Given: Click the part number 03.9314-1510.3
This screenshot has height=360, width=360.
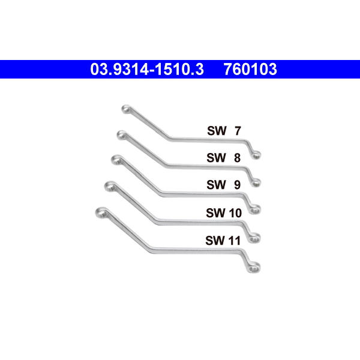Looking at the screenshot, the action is [x=147, y=69].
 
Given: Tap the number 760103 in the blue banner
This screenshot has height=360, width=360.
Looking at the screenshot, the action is [x=250, y=69].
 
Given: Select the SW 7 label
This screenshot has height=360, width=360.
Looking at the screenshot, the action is [x=224, y=131].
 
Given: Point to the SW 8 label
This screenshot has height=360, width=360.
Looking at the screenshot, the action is [x=223, y=158].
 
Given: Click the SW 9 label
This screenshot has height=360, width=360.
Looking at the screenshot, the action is [x=223, y=185].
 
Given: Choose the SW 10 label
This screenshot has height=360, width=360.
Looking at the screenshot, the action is [x=224, y=213].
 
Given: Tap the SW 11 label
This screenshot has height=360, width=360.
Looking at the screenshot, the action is [x=223, y=241].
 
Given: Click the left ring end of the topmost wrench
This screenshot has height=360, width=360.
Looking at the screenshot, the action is [x=126, y=109].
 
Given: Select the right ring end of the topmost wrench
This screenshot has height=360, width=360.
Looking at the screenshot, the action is [x=255, y=155].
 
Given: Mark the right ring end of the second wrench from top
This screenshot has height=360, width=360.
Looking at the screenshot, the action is [x=255, y=182].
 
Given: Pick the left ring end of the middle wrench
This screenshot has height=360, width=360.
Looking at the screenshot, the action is [x=116, y=160].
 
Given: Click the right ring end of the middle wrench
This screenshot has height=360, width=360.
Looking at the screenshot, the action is [x=254, y=209].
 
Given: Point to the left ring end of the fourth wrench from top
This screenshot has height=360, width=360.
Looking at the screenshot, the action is [x=110, y=186].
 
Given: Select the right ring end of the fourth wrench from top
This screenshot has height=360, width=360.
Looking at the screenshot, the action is [x=254, y=238].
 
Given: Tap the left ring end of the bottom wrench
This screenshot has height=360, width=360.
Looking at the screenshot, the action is [x=101, y=212].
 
